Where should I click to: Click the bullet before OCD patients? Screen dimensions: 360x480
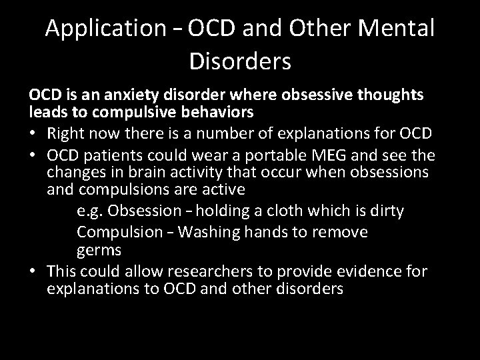[33, 156]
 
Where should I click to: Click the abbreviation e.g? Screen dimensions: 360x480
[89, 211]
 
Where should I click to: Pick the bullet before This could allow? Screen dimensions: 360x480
[33, 271]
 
